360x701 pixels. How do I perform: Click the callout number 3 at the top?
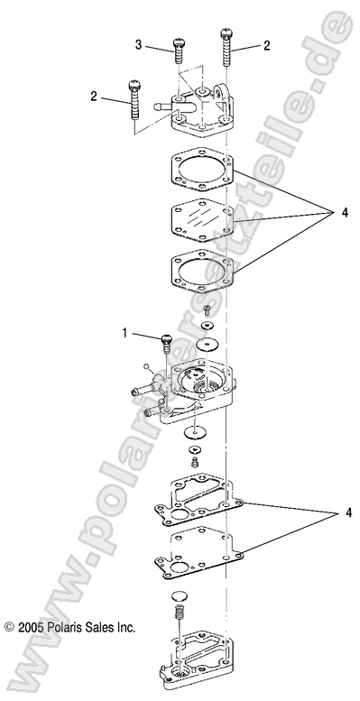click(139, 44)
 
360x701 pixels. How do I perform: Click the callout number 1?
click(125, 334)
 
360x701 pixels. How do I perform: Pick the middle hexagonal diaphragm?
click(201, 219)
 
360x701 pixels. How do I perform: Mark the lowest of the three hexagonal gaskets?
click(201, 268)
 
